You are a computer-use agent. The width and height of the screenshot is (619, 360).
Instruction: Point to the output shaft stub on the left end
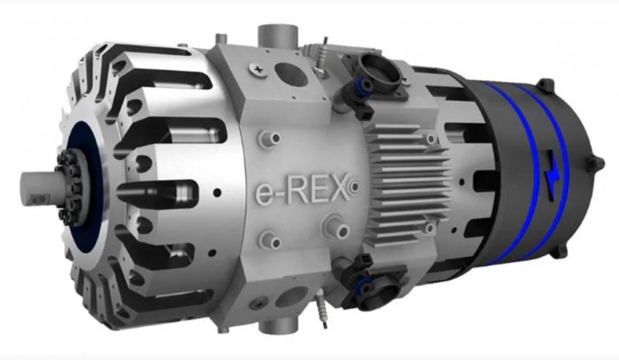click(x=39, y=188)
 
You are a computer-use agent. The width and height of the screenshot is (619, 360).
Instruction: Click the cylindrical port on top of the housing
click(x=277, y=36)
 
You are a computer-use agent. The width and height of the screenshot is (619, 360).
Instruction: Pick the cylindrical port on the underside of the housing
click(x=278, y=324)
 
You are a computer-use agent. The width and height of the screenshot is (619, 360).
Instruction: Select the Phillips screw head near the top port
click(x=259, y=70)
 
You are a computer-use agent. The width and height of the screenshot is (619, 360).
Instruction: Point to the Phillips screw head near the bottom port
click(x=259, y=304)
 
